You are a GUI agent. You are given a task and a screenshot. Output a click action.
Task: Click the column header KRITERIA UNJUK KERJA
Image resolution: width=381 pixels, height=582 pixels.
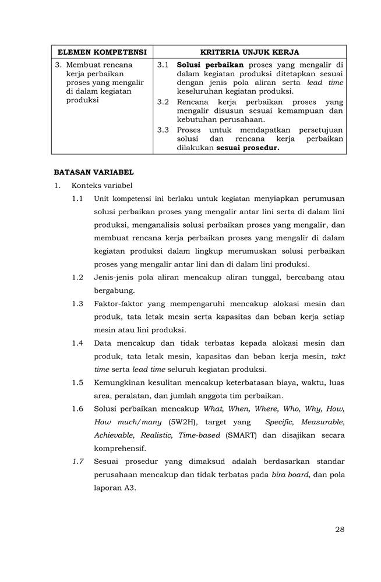coord(249,52)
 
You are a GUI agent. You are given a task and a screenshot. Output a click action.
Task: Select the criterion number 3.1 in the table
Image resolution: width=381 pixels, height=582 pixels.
coord(163,65)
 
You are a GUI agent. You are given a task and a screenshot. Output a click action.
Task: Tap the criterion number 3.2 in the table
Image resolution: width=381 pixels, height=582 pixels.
coord(163,102)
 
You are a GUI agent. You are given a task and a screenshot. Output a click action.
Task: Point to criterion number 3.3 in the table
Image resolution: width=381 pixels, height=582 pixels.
coord(163,130)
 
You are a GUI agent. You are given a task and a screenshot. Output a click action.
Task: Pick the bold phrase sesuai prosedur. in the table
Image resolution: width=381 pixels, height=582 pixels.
coord(248,148)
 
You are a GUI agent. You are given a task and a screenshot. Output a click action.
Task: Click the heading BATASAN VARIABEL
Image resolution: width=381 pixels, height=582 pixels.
coord(94,172)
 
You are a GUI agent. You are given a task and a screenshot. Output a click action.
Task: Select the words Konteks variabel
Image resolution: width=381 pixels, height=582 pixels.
coord(102,186)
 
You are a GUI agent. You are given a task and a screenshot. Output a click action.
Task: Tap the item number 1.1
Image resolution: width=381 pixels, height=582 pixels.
coord(78,198)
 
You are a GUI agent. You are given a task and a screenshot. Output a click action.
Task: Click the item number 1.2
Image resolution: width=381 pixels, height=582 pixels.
coord(78,277)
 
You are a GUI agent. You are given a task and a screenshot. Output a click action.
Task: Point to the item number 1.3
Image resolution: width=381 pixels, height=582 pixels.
coord(78,303)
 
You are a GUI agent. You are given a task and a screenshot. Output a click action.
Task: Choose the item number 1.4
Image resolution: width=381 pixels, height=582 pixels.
coord(78,343)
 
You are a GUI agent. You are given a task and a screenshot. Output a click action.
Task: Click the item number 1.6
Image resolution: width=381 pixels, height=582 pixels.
coord(78,409)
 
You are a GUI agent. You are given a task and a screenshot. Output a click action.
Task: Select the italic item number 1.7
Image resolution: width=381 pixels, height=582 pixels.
coord(78,461)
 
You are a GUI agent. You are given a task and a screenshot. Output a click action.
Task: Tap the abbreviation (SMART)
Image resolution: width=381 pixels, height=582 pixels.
coord(242,435)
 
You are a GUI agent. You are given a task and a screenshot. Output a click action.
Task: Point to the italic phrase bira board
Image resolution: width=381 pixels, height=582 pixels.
coord(291,474)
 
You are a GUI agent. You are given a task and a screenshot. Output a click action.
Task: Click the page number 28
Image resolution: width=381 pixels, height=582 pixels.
coord(340,530)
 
